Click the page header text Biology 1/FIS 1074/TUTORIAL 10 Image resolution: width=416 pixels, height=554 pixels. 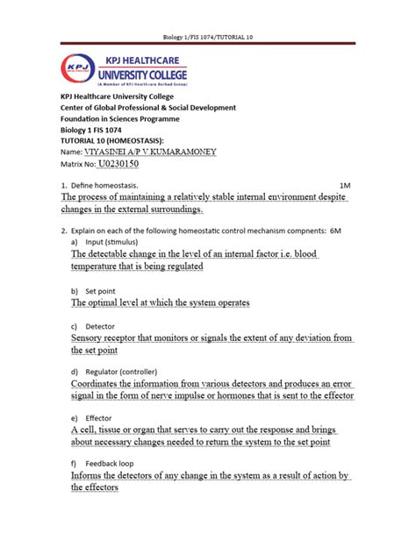pos(207,37)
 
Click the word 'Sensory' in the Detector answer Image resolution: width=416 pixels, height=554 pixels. pos(88,337)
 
